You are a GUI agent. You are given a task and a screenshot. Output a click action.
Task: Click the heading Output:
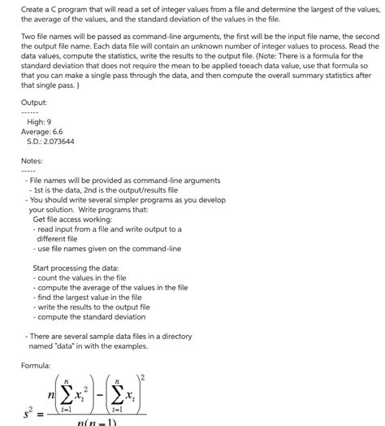33,102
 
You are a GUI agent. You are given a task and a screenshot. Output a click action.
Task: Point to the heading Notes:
32,160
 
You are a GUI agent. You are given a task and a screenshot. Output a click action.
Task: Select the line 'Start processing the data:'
76,267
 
